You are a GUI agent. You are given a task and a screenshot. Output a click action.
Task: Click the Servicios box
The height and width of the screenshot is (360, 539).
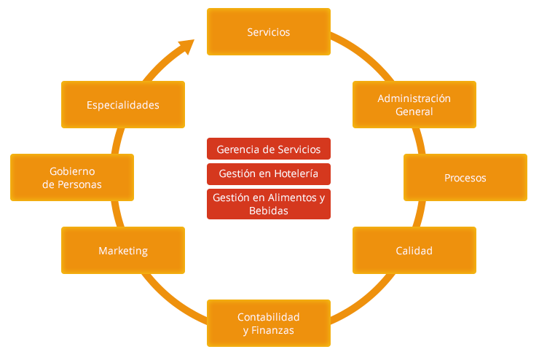[268, 32]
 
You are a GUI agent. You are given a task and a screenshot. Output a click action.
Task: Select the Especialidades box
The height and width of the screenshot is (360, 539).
[122, 105]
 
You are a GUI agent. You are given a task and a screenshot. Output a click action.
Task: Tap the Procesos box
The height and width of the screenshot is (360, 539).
[465, 178]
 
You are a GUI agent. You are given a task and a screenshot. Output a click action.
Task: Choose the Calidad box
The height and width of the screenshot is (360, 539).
[414, 251]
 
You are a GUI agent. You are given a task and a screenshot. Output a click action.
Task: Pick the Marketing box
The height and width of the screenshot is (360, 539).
[122, 251]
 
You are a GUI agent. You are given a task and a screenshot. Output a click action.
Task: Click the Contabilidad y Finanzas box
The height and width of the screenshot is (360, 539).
[268, 324]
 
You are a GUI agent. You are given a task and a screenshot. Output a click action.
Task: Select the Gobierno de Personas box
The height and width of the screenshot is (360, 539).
[72, 178]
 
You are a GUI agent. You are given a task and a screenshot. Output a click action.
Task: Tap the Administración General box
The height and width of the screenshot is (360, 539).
[414, 105]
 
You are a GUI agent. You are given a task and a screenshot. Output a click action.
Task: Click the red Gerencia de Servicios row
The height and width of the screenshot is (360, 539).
[268, 149]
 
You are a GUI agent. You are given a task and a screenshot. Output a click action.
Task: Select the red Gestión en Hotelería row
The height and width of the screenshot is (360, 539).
[268, 173]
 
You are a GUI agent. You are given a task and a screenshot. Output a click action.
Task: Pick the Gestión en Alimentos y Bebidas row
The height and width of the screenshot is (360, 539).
[268, 204]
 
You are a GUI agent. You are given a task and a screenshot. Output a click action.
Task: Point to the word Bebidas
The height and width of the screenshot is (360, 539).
[268, 211]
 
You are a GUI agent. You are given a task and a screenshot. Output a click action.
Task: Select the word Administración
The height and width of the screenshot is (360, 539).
[414, 98]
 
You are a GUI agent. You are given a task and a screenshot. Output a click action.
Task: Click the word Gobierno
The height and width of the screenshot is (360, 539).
[72, 171]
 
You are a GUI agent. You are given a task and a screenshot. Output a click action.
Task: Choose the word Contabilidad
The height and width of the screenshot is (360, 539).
[268, 317]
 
